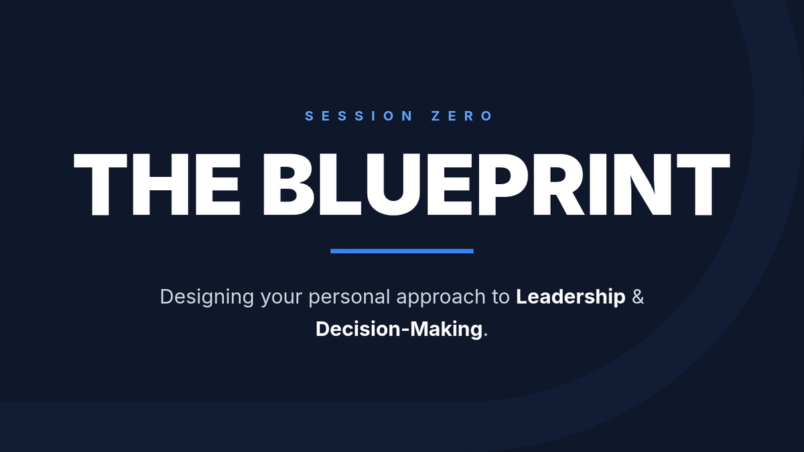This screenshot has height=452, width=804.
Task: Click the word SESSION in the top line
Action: pyautogui.click(x=358, y=116)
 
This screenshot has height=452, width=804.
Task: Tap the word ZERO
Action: pyautogui.click(x=462, y=116)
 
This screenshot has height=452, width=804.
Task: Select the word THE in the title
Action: pyautogui.click(x=157, y=184)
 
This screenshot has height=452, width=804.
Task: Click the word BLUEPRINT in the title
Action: pyautogui.click(x=496, y=184)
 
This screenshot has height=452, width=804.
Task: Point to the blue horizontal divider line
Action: pyautogui.click(x=402, y=251)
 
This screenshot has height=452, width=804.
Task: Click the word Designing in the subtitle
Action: pyautogui.click(x=207, y=297)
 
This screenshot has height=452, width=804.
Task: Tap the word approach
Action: pyautogui.click(x=441, y=298)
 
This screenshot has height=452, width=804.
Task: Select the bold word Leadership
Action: pyautogui.click(x=571, y=297)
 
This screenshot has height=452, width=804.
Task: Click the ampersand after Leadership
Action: pyautogui.click(x=638, y=297)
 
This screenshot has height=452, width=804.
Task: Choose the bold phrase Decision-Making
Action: pyautogui.click(x=399, y=329)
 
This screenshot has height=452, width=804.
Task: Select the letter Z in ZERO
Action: pyautogui.click(x=435, y=116)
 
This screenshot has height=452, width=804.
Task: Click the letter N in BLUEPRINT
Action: pyautogui.click(x=643, y=184)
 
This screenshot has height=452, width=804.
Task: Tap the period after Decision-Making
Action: pyautogui.click(x=486, y=335)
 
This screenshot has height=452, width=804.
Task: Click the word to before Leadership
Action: pyautogui.click(x=501, y=297)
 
